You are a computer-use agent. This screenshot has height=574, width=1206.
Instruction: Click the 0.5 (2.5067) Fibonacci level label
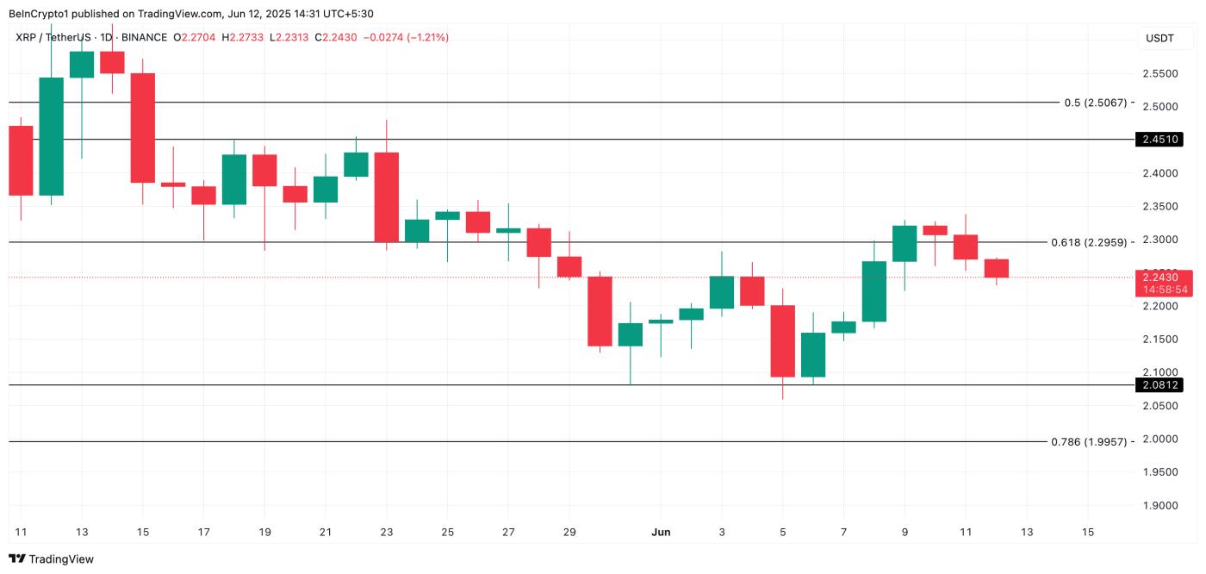1095,103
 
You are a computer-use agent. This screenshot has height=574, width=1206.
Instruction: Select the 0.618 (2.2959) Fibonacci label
1089,242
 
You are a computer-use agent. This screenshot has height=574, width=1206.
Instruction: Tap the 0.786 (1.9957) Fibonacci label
1089,441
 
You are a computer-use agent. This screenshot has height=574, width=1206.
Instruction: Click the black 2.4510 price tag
1159,139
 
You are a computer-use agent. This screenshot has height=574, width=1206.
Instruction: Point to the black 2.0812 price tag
1159,385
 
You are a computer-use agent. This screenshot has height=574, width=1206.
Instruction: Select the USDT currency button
1159,38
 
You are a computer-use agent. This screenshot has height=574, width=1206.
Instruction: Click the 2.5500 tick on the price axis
1159,73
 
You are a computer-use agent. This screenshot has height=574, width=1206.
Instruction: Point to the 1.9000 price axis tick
1159,505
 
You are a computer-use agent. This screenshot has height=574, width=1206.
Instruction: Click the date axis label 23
386,532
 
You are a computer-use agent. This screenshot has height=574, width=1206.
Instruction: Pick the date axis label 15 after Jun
1087,532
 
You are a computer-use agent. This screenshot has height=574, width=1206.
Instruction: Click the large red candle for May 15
142,128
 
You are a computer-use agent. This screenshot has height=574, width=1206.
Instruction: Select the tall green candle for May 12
51,136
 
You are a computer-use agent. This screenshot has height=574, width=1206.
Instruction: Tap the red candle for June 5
782,340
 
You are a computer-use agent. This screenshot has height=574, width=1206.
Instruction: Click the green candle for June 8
873,291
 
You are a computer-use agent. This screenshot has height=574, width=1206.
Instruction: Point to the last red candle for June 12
996,268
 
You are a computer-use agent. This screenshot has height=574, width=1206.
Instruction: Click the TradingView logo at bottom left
52,559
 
